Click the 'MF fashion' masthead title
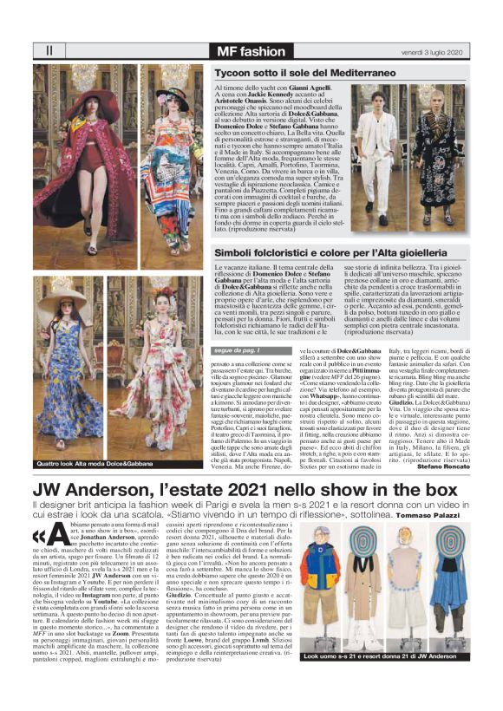point(251,51)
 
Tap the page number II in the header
point(48,50)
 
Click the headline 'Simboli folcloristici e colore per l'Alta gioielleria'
point(346,252)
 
